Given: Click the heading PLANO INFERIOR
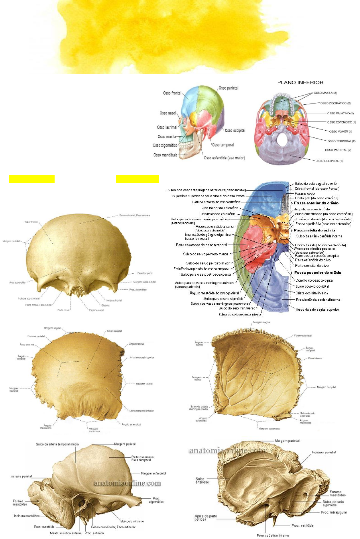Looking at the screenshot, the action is coord(300,82).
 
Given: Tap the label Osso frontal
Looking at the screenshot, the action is coord(172,93).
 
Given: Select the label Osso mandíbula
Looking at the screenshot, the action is coord(165,155).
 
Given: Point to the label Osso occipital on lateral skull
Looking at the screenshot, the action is coord(235,131).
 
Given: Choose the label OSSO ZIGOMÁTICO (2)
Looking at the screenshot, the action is coord(335,103).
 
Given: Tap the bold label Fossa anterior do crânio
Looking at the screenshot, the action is coord(316,203).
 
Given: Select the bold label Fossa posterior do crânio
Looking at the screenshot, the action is coord(317,272).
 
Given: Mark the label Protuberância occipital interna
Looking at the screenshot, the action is coord(318,300).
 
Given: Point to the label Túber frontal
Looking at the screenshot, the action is coord(31,222).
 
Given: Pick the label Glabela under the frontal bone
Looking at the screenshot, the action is coord(105,306).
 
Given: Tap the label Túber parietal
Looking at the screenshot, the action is coord(114,331).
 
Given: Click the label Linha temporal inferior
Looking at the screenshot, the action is coord(142,411).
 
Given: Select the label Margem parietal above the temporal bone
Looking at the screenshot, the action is coord(287,441).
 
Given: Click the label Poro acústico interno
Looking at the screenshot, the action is coord(273,535).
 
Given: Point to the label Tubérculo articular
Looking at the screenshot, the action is coord(132,521).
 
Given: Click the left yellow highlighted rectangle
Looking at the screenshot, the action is coord(31,179).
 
